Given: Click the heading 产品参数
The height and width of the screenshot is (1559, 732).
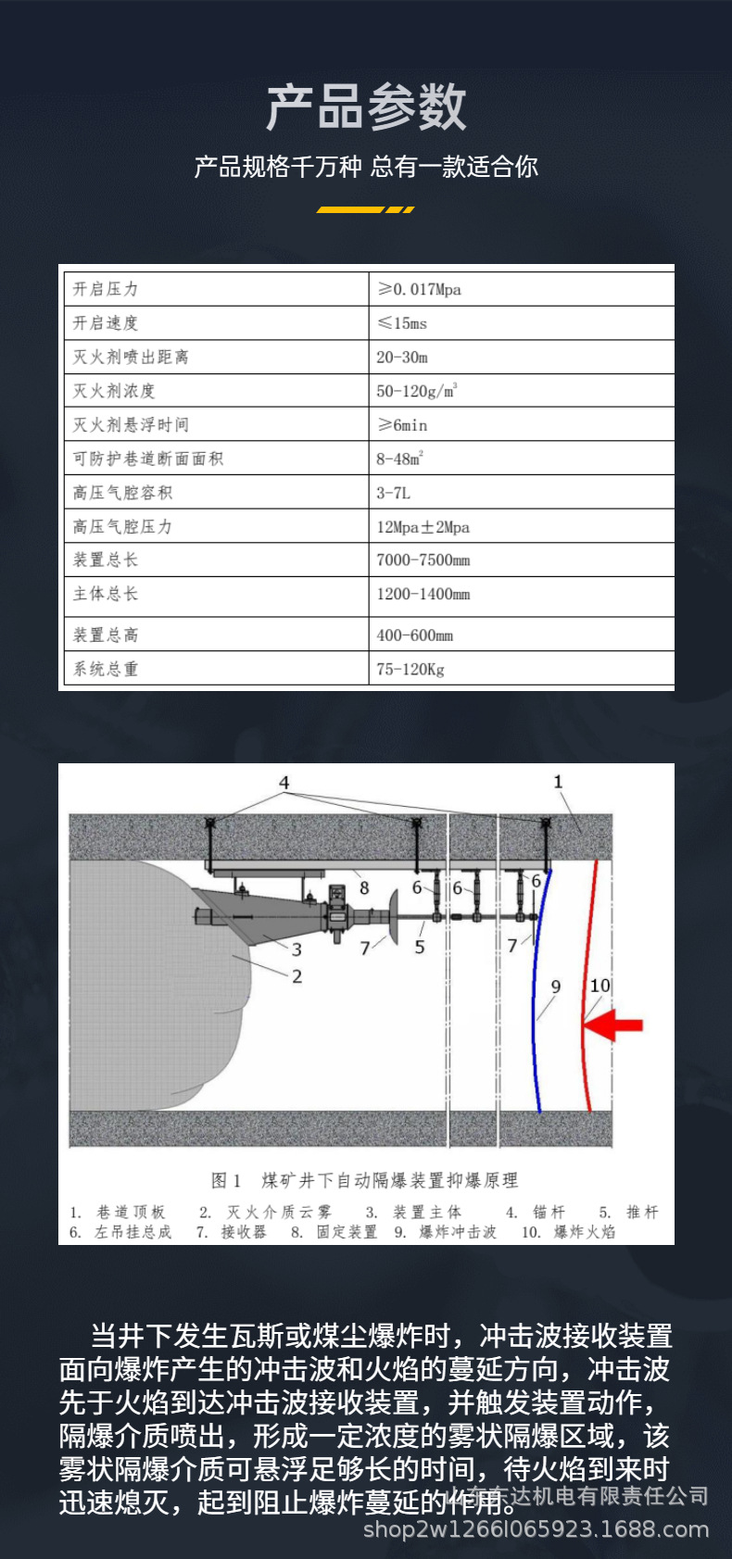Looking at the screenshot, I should [366, 107].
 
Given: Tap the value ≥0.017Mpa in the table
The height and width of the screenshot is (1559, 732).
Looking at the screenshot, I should [419, 289].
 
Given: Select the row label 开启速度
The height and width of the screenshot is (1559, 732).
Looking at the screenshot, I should [106, 322].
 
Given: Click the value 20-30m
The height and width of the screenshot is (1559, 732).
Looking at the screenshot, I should [402, 357].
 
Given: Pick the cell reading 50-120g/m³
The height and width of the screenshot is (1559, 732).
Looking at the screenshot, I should [416, 391].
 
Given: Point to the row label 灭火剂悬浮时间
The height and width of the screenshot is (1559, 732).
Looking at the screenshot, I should [131, 424].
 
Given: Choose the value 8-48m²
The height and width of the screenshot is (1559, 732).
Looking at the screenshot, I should [399, 459].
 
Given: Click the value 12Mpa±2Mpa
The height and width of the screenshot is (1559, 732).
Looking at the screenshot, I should [423, 527].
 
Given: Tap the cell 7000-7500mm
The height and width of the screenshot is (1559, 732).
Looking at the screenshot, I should [423, 560].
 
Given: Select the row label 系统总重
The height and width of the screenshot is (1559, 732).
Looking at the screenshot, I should [106, 669].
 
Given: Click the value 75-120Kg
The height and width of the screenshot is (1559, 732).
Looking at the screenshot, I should [410, 669].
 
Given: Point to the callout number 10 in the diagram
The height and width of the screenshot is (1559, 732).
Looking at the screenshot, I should [600, 986].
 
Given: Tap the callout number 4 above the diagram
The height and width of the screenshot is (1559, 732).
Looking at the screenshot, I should [284, 783].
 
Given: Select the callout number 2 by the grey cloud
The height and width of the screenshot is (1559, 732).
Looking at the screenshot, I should [297, 976].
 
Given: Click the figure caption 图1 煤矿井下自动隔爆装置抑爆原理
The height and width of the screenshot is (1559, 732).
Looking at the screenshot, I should [364, 1180].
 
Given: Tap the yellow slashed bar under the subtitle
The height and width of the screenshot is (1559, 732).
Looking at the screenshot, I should [365, 210].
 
